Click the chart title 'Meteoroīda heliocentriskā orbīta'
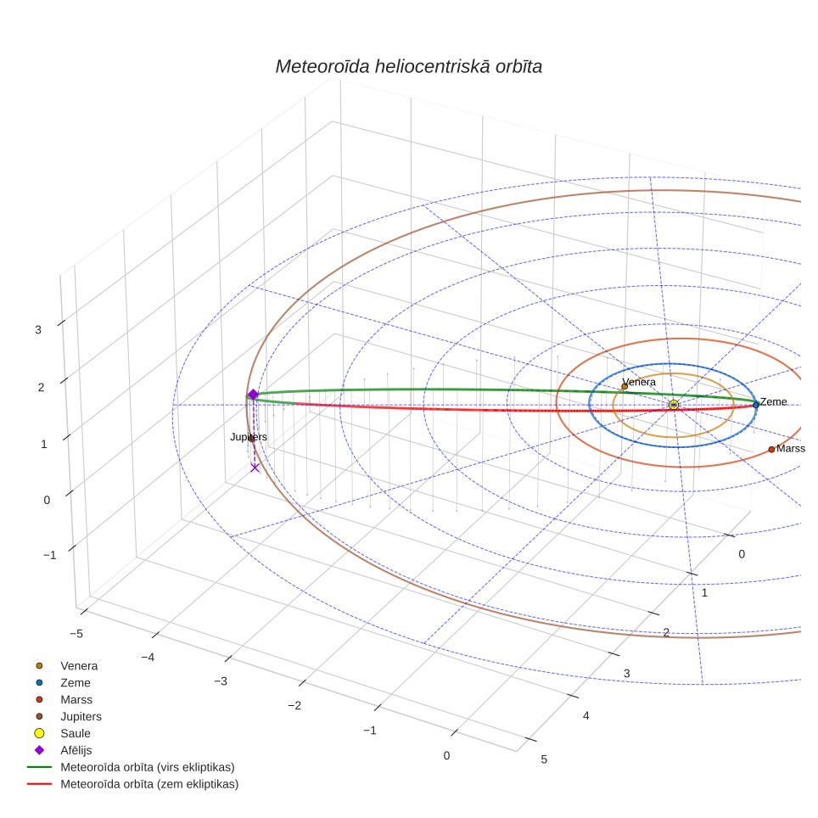408,67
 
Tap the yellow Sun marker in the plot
674,405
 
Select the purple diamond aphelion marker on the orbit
253,395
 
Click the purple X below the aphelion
255,468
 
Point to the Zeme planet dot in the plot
755,405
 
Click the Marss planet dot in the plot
771,449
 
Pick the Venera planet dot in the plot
625,387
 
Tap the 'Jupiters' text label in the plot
249,437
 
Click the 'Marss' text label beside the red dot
790,449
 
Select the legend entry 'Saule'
76,733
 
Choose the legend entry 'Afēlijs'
76,750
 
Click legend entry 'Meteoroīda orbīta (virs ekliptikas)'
148,767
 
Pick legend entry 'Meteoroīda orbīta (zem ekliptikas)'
149,784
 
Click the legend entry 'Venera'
79,665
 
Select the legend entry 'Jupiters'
81,716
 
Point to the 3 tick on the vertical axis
38,330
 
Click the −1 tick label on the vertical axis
49,555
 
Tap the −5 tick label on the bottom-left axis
76,634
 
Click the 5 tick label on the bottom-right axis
544,759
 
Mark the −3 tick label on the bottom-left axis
221,681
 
